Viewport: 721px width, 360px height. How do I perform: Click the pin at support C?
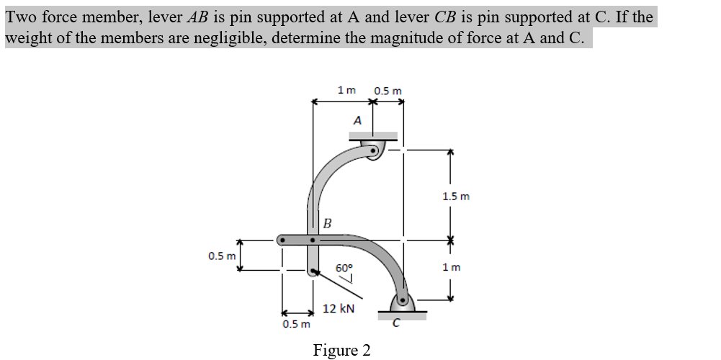(402, 297)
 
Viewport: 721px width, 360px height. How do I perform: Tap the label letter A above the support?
(357, 120)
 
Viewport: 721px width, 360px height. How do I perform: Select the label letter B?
(326, 222)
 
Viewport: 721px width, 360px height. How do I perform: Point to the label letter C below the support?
(395, 323)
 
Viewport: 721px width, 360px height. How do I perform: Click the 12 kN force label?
(339, 309)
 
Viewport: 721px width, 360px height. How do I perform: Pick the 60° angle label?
(344, 267)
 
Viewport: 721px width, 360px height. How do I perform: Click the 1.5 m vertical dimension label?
(455, 196)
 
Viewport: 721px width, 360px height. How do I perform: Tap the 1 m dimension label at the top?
(346, 90)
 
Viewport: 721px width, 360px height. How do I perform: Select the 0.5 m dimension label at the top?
(388, 91)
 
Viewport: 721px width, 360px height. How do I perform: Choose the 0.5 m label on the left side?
(222, 256)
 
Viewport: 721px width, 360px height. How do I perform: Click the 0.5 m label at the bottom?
(297, 323)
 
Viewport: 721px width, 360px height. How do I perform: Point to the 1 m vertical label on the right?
(452, 267)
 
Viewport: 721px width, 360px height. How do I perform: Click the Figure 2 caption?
(342, 350)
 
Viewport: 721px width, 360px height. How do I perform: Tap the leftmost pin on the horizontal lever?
(282, 238)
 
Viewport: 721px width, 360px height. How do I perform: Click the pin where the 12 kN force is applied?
(312, 272)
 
